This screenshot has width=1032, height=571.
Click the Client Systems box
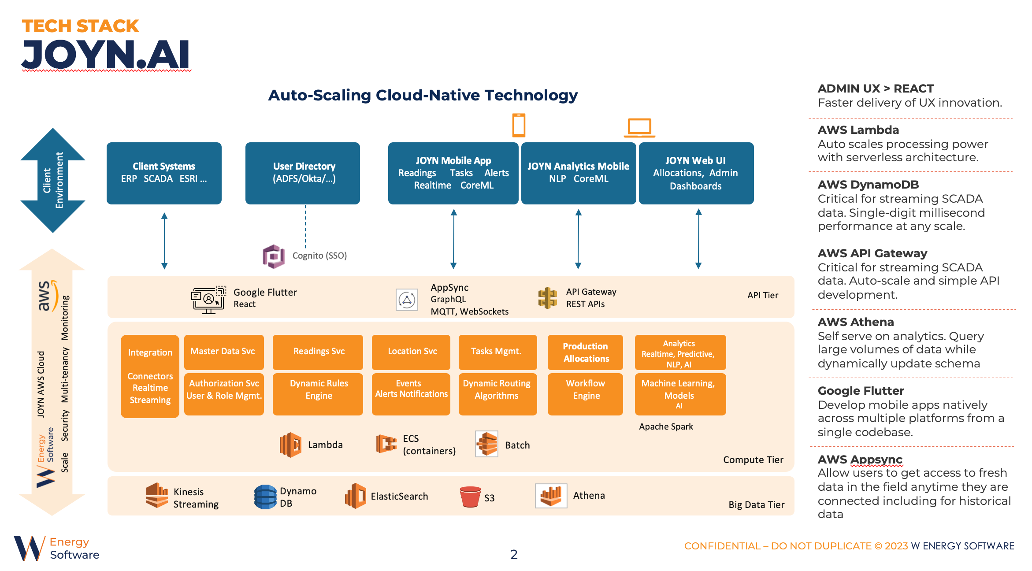click(x=164, y=173)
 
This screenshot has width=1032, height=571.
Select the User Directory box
click(x=303, y=173)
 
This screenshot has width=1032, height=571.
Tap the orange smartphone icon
click(x=519, y=125)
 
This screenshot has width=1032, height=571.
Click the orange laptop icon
click(x=639, y=128)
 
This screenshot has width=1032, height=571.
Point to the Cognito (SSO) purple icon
click(x=274, y=256)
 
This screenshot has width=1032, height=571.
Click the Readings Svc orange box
click(x=318, y=352)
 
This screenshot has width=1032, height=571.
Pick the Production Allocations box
click(x=585, y=352)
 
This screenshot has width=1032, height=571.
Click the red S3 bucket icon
click(x=470, y=497)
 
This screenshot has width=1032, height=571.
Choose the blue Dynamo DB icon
click(x=265, y=497)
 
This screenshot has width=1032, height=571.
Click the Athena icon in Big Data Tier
click(x=551, y=496)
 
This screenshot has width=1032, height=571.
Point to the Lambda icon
click(x=290, y=445)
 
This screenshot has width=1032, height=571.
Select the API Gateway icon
click(x=548, y=298)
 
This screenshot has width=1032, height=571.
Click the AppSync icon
click(x=407, y=300)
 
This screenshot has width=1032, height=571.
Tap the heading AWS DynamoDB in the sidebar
click(x=868, y=185)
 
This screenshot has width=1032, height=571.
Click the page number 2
click(x=514, y=554)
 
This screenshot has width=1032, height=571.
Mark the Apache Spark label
click(x=666, y=426)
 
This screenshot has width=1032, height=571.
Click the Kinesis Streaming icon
click(x=157, y=495)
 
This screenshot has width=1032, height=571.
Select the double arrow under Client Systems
click(x=164, y=241)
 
